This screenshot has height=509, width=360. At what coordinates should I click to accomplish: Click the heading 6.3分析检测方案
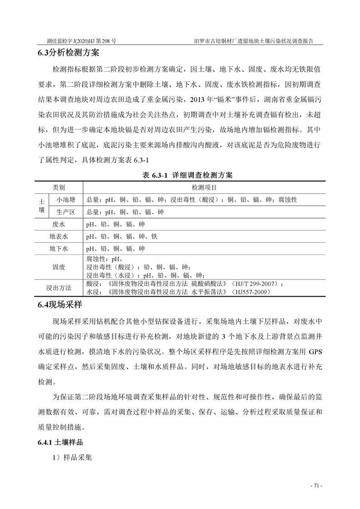coord(68,53)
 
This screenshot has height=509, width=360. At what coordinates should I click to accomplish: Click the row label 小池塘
coord(66,199)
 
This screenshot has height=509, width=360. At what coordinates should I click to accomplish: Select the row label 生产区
coord(66,211)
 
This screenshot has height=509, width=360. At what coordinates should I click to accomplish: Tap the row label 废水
coord(59,224)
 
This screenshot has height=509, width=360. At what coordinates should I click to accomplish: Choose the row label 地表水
coord(59,236)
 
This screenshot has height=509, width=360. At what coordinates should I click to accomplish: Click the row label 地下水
coord(59,249)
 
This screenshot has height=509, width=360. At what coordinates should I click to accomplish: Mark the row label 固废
coord(59,267)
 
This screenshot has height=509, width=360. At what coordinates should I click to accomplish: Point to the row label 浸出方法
coord(59,288)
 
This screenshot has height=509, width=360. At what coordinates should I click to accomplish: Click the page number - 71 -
coord(316,485)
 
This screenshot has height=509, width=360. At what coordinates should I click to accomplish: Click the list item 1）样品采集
coord(73,458)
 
